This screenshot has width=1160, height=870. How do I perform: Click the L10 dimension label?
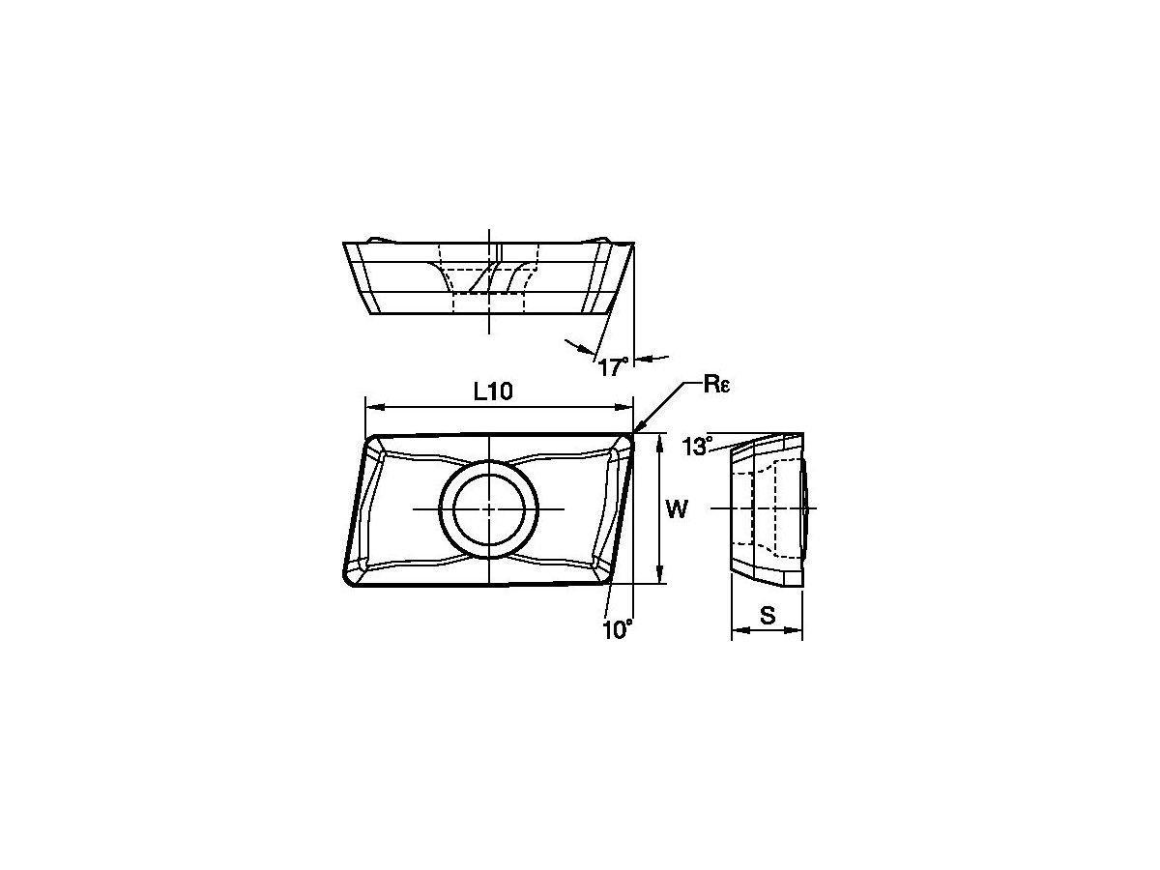[x=493, y=391]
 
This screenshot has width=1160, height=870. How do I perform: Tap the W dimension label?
[x=677, y=509]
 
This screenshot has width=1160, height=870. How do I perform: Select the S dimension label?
[x=768, y=615]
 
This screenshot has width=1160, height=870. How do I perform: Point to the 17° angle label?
[x=614, y=366]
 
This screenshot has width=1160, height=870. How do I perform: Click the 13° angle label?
[x=698, y=446]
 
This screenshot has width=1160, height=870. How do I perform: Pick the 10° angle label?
[x=618, y=630]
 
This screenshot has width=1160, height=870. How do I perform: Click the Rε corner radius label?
[x=716, y=385]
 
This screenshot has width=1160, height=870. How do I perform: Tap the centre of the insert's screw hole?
[x=489, y=509]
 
